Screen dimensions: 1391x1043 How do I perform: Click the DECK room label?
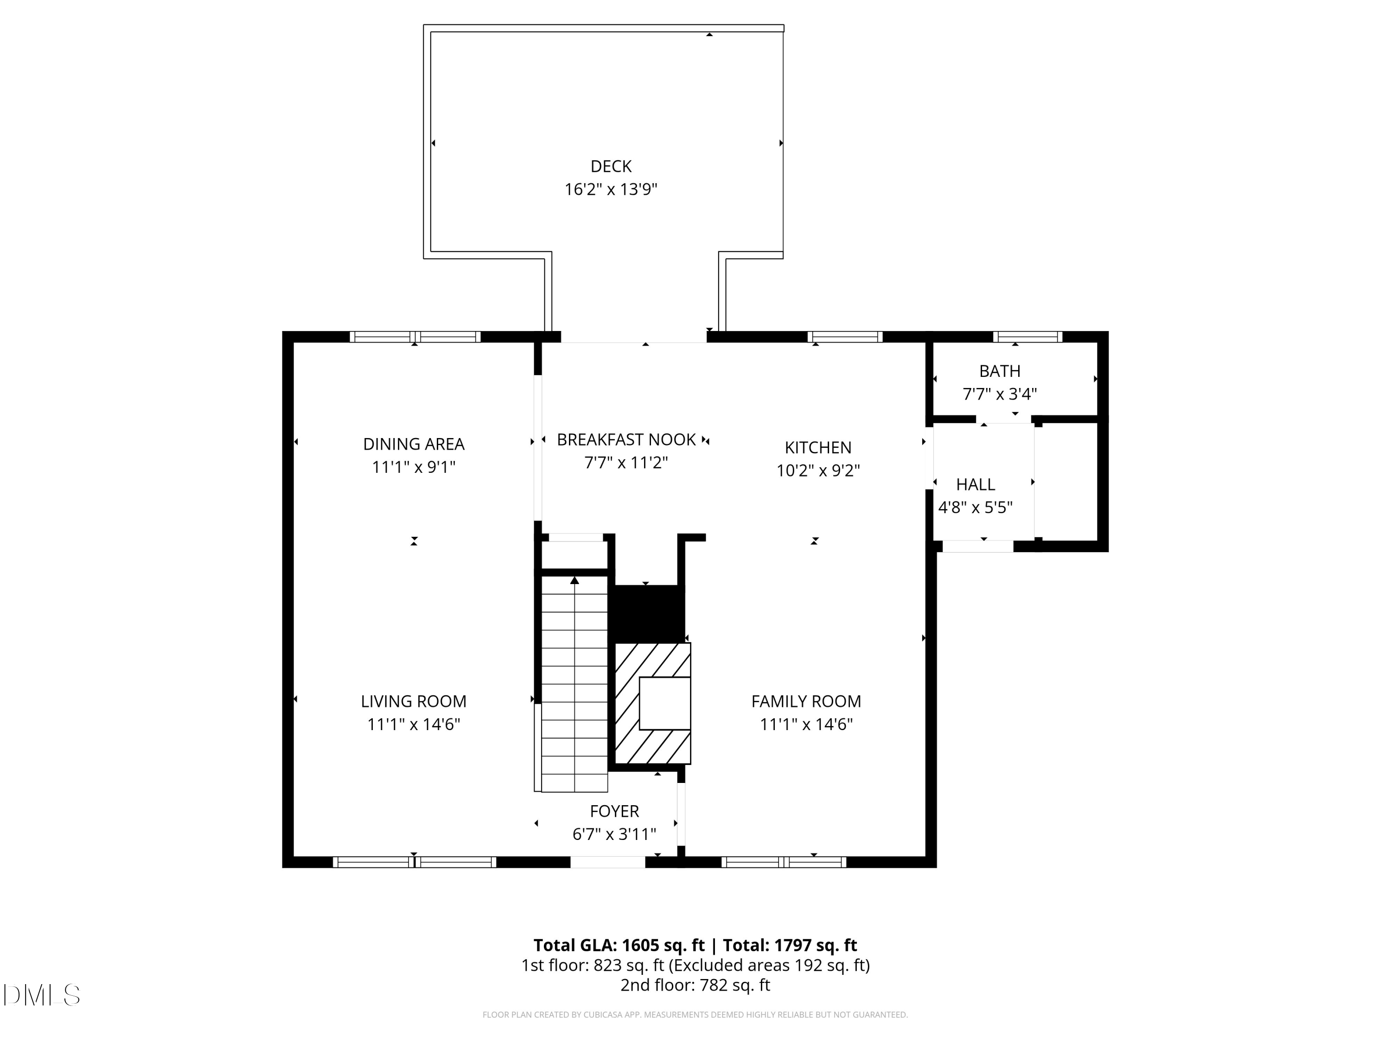click(611, 166)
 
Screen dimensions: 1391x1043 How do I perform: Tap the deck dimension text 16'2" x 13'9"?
click(611, 189)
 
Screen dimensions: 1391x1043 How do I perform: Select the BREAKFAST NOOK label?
click(626, 439)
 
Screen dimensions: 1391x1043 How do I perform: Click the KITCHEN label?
click(817, 448)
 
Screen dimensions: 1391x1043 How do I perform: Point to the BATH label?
click(999, 371)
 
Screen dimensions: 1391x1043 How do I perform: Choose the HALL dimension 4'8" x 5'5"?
click(976, 507)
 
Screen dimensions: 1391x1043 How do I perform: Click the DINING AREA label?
click(414, 444)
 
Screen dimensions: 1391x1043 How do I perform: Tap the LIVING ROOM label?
click(414, 701)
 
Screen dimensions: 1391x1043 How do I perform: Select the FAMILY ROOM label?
click(806, 701)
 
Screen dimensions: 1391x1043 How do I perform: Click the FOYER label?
click(614, 811)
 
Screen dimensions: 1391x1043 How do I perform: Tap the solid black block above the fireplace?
click(648, 614)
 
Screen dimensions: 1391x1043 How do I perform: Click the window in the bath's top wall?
click(1027, 337)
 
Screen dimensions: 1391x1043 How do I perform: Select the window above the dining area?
click(415, 337)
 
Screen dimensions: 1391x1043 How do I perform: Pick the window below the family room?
click(783, 862)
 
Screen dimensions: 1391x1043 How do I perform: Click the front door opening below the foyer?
click(607, 862)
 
